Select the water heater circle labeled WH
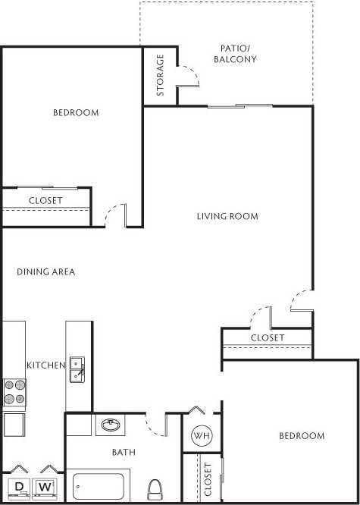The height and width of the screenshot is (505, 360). point(201,436)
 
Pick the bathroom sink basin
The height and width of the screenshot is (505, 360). point(109,425)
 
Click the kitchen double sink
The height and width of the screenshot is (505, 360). point(77,369)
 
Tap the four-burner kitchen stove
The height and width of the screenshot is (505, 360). point(14,391)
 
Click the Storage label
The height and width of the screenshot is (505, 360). point(161,76)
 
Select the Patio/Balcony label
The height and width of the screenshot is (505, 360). point(235,53)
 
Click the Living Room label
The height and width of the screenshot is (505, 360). point(227,216)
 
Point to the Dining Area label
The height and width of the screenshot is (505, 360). point(45,271)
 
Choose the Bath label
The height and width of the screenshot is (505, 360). point(124,453)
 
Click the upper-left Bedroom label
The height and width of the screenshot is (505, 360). point(76,113)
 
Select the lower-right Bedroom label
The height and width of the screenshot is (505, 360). point(302,436)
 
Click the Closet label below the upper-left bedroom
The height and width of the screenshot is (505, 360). point(45,200)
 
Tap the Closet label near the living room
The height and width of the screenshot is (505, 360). point(268,337)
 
